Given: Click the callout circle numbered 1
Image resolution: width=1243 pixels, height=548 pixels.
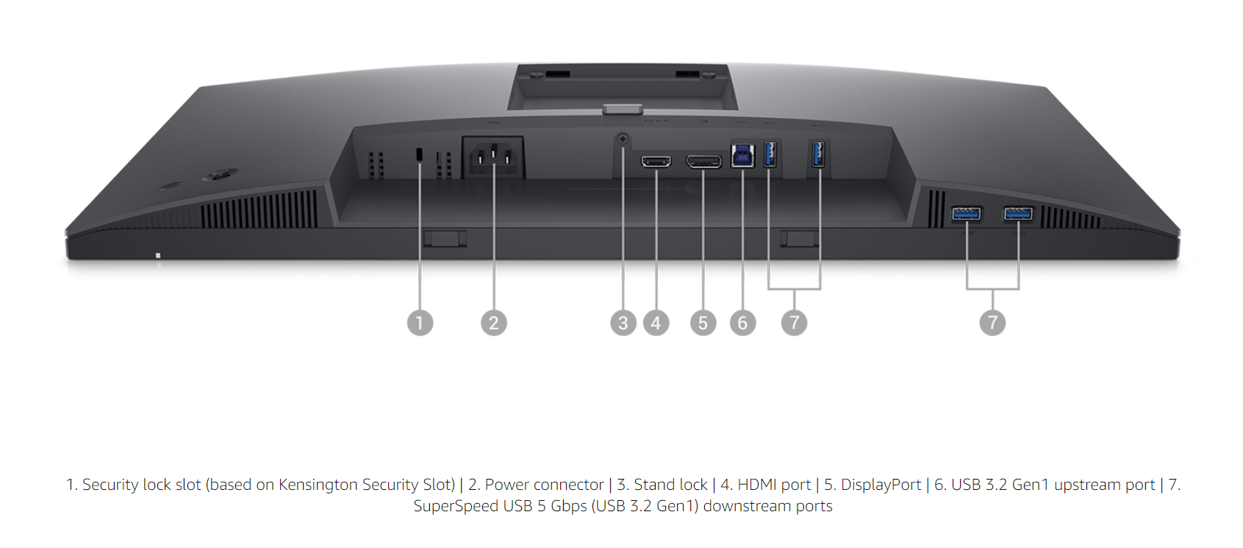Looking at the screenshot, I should (x=420, y=323).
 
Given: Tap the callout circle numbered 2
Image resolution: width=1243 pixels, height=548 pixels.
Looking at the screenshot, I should (x=494, y=323).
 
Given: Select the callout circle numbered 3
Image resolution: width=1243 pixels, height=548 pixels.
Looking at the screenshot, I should (x=623, y=323).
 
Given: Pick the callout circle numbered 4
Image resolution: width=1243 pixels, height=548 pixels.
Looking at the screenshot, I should (x=656, y=323).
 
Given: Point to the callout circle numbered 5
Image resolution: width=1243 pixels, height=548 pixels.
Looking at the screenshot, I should (x=703, y=323).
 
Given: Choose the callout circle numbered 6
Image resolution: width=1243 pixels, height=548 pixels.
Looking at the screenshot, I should (x=742, y=323).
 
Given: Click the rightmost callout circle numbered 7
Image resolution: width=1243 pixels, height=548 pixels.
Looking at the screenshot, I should (x=992, y=323).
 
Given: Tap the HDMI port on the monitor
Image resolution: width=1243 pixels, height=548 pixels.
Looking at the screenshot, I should (x=656, y=160).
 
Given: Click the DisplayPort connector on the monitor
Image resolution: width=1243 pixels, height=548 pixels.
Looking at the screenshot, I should (x=703, y=160).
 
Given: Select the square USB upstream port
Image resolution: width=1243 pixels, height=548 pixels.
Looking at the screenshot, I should (x=742, y=155).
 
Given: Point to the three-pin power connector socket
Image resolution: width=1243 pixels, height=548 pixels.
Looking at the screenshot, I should (x=493, y=157).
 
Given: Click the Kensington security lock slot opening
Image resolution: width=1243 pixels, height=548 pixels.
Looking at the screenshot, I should (x=420, y=154).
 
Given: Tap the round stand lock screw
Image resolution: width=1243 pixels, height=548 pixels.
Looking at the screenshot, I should (x=623, y=138).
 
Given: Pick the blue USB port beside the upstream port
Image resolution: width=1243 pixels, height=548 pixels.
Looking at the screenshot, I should (x=770, y=154).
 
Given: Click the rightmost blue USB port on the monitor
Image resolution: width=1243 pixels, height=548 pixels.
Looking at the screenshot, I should (x=1018, y=214).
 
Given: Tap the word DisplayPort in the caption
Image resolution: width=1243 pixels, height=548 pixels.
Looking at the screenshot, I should (x=881, y=485).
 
